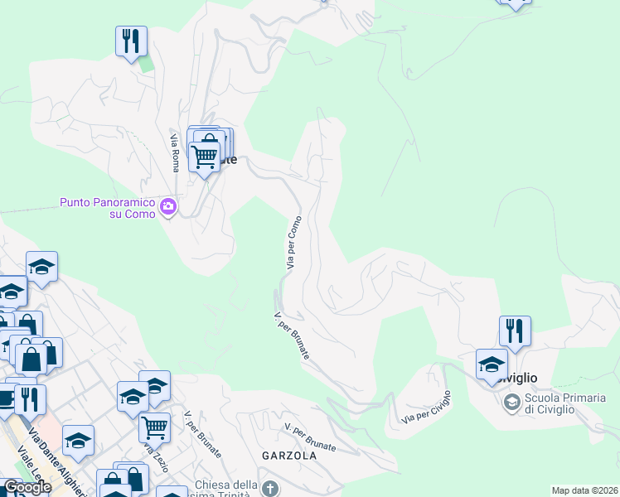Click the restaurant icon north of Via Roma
tap(131, 41)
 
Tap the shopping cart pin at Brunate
tap(204, 154)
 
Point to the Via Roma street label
tap(175, 152)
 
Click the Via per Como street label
tap(293, 242)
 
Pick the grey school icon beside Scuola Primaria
tap(511, 403)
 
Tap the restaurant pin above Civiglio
tap(515, 331)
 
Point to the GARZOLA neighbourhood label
tap(289, 456)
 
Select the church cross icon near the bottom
tap(269, 489)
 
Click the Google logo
tap(27, 488)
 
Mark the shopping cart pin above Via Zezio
tap(154, 427)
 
